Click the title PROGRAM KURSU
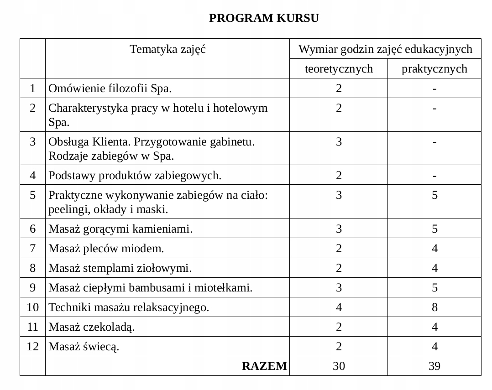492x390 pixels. (264, 18)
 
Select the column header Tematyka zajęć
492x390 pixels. (167, 49)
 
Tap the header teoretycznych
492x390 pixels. (339, 69)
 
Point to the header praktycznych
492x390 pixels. (434, 69)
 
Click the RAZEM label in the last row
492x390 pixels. (265, 366)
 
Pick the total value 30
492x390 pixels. (339, 366)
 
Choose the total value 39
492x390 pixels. (434, 366)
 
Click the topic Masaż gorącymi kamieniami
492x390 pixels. (120, 229)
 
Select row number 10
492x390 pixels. (32, 307)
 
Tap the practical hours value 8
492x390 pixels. (434, 307)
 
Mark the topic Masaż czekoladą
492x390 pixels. (92, 327)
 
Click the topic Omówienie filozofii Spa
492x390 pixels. (110, 88)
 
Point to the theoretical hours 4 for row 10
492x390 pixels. (339, 307)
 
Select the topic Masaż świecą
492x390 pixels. (84, 347)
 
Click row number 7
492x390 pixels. (32, 248)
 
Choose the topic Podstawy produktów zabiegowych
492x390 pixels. (135, 175)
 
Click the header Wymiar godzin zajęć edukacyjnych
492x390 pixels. (385, 49)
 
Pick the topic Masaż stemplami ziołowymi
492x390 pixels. (120, 268)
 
